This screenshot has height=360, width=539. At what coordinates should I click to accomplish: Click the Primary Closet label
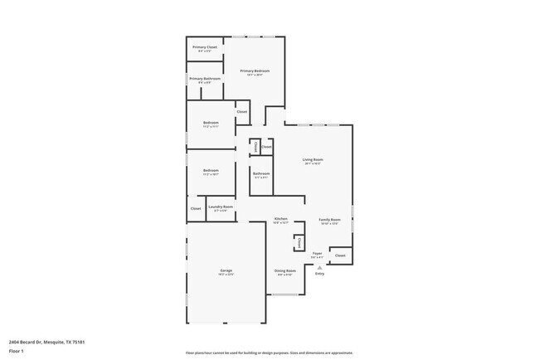(x=204, y=48)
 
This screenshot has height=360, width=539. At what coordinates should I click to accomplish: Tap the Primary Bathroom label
(x=205, y=79)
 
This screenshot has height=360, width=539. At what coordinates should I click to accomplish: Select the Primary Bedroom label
(x=255, y=71)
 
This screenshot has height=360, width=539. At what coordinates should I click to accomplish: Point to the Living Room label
(x=313, y=159)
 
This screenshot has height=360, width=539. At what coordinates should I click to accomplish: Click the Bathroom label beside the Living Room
(x=261, y=173)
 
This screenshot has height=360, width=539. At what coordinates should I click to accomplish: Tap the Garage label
(x=226, y=270)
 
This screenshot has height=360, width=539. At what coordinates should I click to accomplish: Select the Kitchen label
(x=281, y=219)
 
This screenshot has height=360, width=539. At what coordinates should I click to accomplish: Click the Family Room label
(x=330, y=220)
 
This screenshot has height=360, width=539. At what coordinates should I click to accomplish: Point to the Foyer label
(x=318, y=253)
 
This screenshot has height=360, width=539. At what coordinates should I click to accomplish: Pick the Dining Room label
(x=284, y=271)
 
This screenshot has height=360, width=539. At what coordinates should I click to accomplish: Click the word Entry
(x=319, y=273)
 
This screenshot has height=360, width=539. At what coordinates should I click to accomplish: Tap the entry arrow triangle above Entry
(x=319, y=266)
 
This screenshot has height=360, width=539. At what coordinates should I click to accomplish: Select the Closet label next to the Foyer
(x=340, y=255)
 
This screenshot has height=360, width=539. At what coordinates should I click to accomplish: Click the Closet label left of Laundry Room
(x=196, y=208)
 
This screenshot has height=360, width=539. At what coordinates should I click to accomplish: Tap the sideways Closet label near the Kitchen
(x=299, y=241)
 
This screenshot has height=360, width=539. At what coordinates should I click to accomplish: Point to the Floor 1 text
(x=17, y=351)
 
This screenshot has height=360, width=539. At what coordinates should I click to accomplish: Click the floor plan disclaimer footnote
(x=269, y=352)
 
